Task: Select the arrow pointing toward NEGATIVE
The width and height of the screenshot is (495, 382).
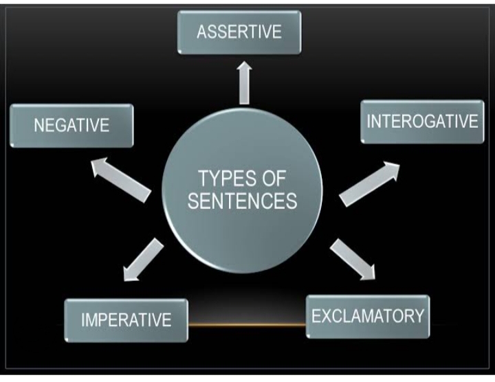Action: coord(120,178)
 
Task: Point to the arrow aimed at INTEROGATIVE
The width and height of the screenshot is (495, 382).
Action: coord(368,183)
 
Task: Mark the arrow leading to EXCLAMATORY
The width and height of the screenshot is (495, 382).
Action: coord(353,259)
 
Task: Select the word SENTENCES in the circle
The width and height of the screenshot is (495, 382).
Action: coord(242,201)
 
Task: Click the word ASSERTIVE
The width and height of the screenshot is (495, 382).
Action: coord(239,32)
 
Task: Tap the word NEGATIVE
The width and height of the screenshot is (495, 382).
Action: coord(71,126)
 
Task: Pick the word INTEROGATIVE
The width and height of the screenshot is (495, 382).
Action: coord(422,122)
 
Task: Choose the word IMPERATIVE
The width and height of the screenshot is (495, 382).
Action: coord(126,319)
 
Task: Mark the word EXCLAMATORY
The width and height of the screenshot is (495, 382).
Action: coord(368,316)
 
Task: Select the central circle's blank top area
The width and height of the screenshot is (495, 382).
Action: coord(242,141)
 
